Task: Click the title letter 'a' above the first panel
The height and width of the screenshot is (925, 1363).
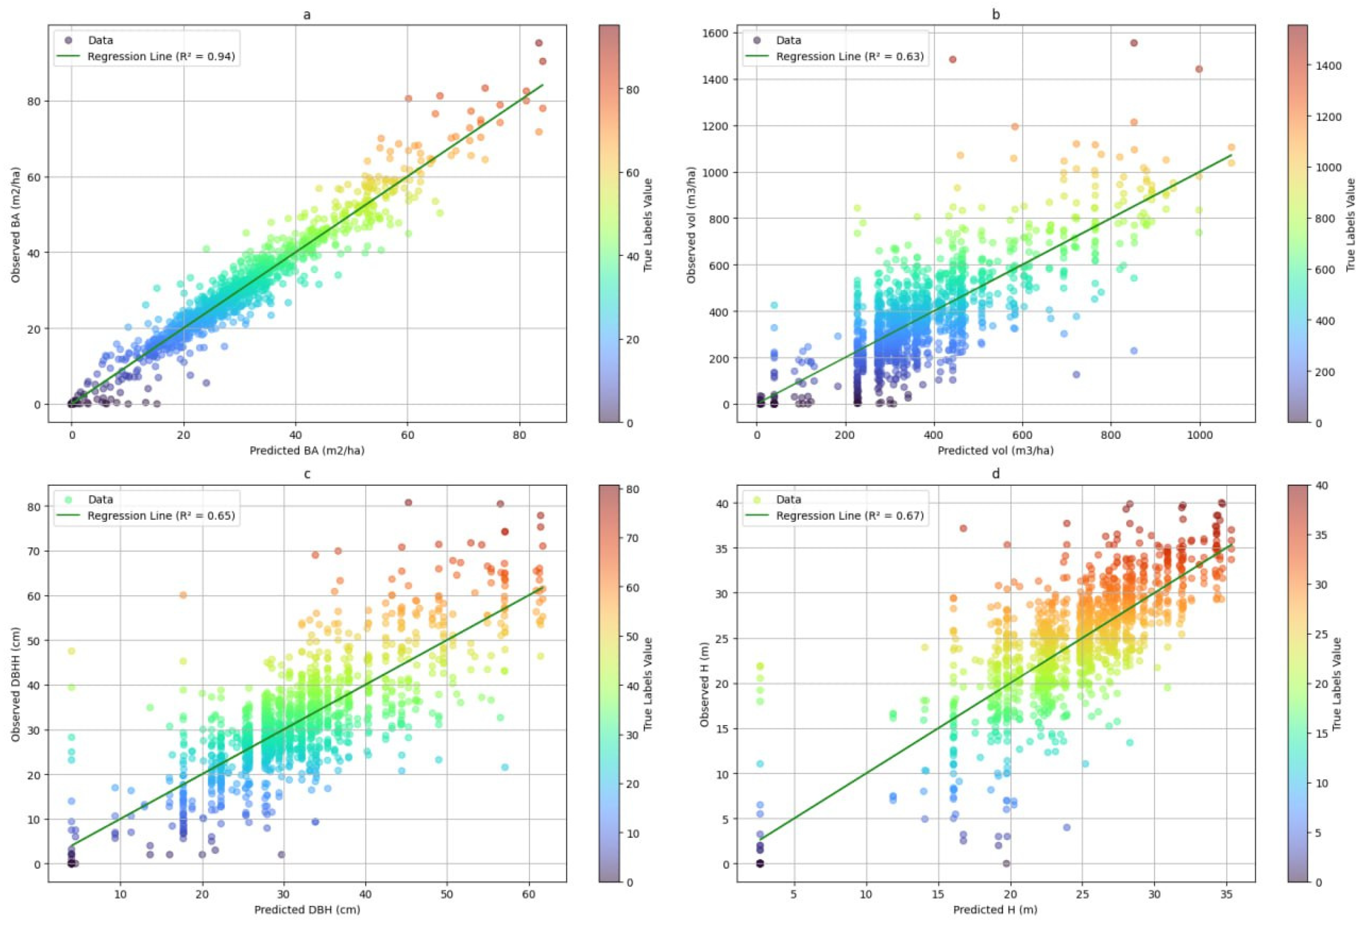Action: click(307, 15)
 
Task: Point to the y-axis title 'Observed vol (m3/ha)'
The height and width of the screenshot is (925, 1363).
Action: click(692, 222)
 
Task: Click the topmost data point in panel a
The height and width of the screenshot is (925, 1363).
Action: click(538, 43)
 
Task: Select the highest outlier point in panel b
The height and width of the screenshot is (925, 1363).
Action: click(1133, 43)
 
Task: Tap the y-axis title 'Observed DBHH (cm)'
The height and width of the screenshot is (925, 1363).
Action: click(17, 682)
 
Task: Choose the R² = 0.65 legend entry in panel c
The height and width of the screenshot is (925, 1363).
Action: click(161, 516)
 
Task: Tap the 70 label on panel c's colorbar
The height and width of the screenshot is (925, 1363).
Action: click(633, 538)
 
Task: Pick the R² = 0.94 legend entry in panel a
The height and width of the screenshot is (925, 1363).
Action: click(161, 57)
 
